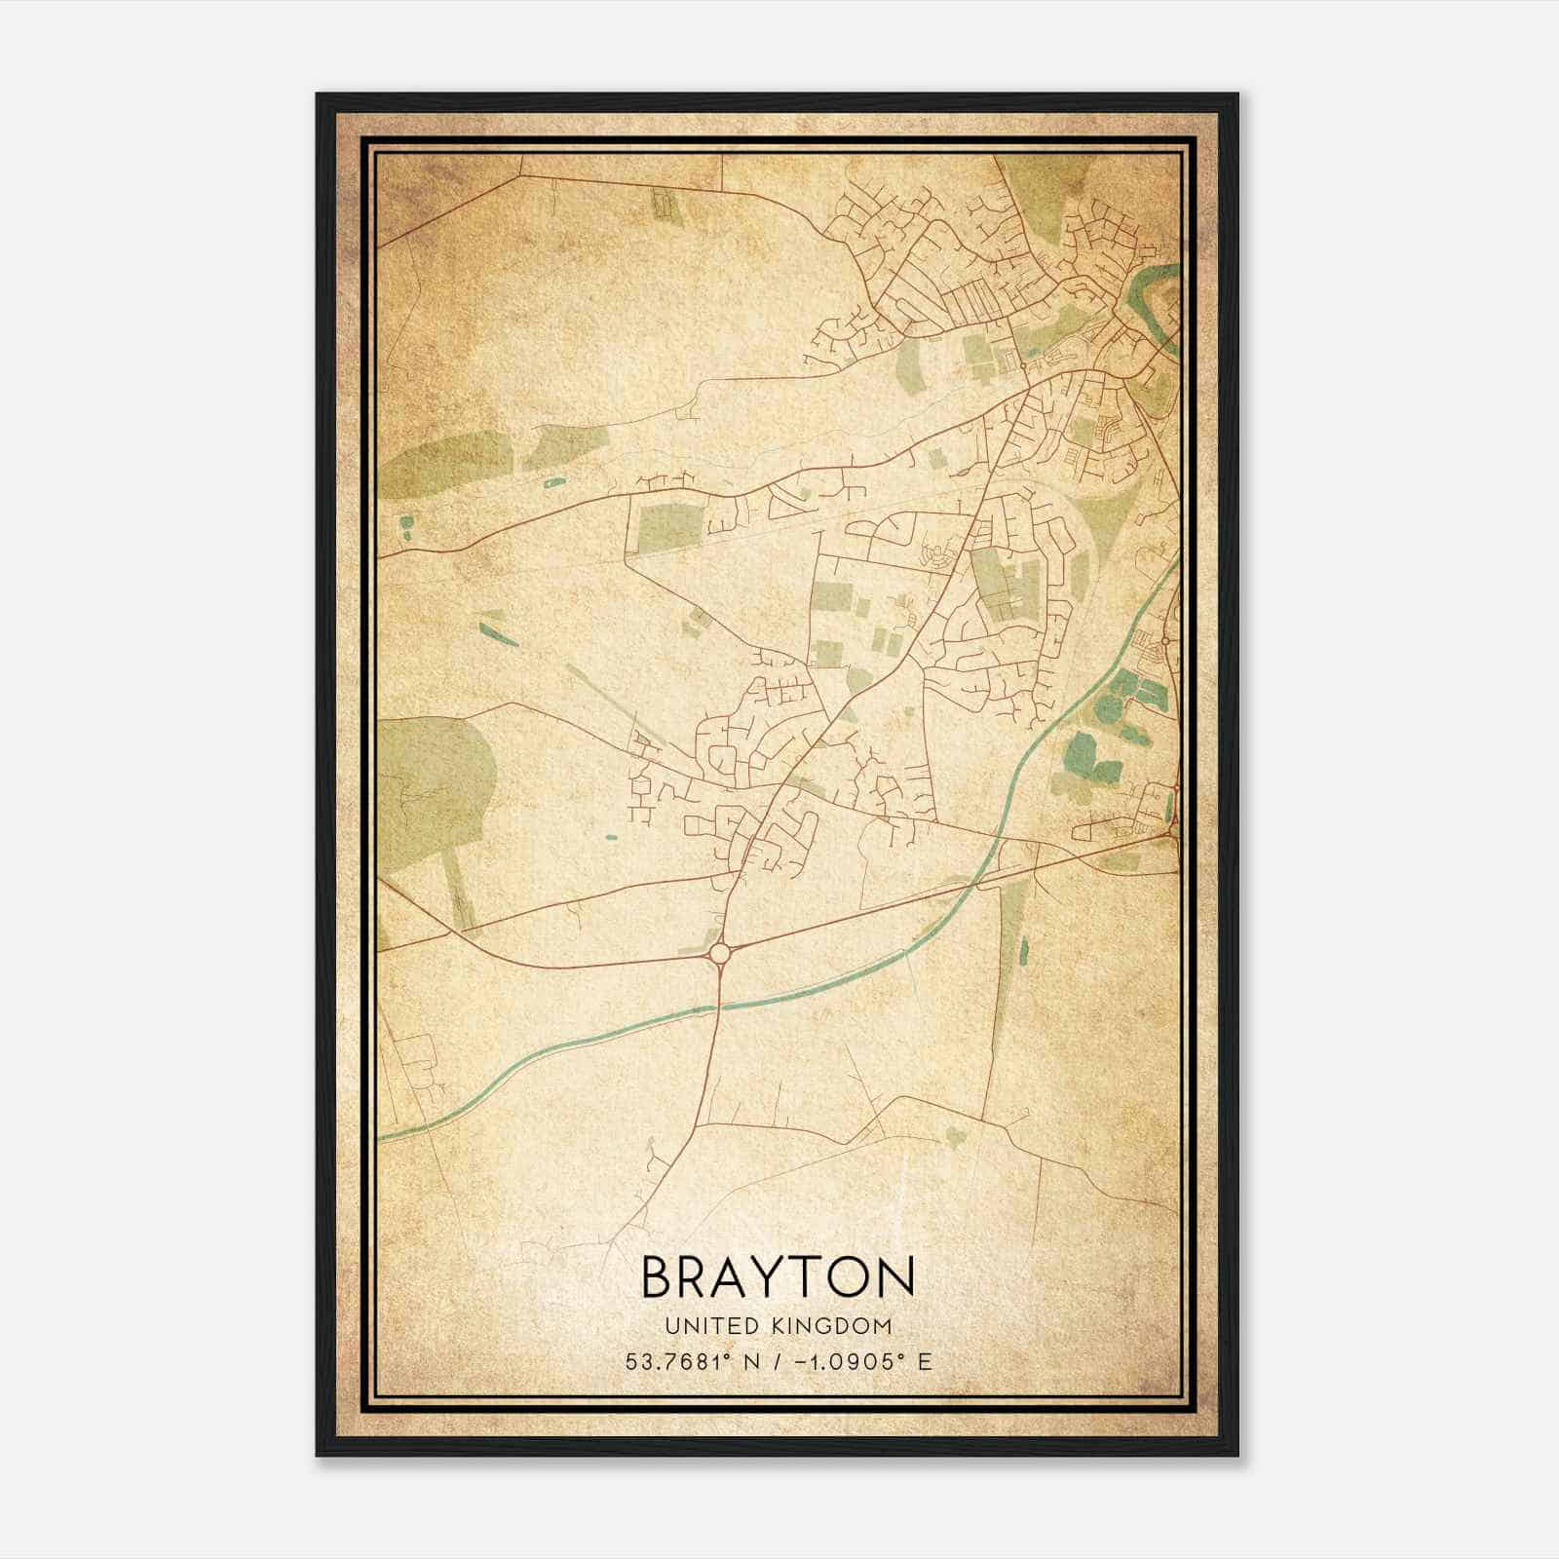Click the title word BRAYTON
(x=779, y=1276)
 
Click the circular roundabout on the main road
(x=720, y=952)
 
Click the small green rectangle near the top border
(x=663, y=203)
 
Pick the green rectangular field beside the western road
(x=663, y=525)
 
